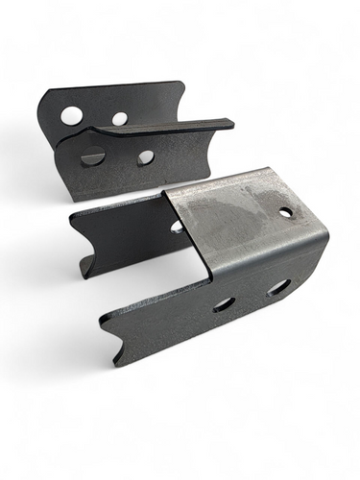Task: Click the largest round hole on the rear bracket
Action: pyautogui.click(x=72, y=116)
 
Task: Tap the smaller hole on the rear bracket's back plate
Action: pyautogui.click(x=119, y=119)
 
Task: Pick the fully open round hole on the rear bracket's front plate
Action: pyautogui.click(x=145, y=156)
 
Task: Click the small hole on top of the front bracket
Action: pyautogui.click(x=286, y=211)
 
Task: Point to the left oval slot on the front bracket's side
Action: pyautogui.click(x=223, y=303)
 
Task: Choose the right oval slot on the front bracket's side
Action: pyautogui.click(x=278, y=286)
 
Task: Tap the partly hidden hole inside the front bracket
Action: pyautogui.click(x=177, y=228)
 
